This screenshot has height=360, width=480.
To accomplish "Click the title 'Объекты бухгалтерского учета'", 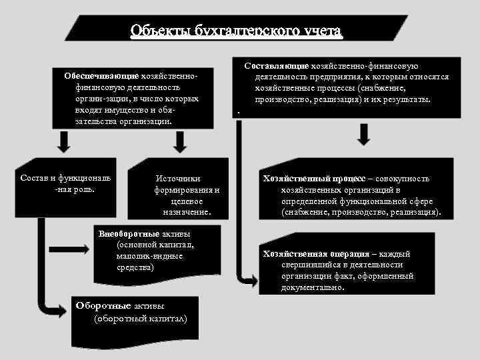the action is click(x=236, y=31).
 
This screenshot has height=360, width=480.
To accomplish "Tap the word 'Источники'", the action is click(x=177, y=179).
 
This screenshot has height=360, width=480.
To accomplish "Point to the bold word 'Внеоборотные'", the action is click(x=129, y=234).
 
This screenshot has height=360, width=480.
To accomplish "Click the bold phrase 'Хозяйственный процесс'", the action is click(x=314, y=179).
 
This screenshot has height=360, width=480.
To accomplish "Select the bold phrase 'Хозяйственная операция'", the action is click(x=316, y=254).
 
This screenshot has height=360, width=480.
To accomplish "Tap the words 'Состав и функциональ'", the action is click(x=65, y=179).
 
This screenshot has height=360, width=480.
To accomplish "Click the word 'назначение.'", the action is click(x=187, y=211).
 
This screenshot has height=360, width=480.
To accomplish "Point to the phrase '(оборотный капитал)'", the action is click(x=141, y=318).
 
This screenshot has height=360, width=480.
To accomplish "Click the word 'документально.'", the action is click(x=313, y=288).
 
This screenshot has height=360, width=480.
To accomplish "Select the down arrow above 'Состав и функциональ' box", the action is click(x=63, y=141).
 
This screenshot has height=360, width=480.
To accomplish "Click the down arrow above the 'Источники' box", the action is click(x=179, y=141).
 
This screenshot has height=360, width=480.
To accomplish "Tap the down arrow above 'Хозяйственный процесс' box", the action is click(x=364, y=135).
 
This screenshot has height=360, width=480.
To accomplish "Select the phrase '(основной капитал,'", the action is click(x=145, y=245).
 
